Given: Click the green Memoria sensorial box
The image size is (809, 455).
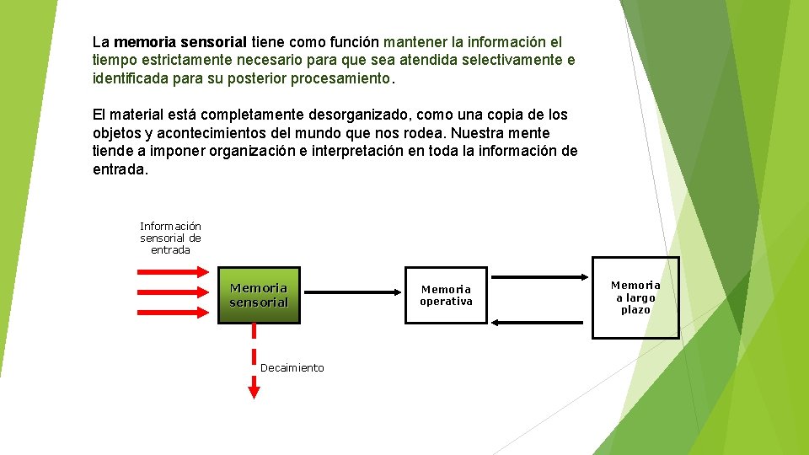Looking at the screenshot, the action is pos(259,295).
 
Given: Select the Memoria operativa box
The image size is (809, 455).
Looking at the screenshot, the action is pos(446,295).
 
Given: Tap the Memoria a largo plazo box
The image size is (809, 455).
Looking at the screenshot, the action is pos(635,297).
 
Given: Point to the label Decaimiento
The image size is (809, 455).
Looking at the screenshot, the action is pos(292,368).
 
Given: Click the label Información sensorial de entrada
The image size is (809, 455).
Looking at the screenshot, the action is pos(170,238).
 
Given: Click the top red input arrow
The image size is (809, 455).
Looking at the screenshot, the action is pos(173,271).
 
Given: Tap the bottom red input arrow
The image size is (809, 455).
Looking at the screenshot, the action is pos(173,312).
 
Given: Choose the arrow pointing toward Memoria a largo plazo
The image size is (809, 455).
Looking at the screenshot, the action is pos(539,276).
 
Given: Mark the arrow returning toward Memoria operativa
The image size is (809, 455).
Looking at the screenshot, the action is pos(539,321).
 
